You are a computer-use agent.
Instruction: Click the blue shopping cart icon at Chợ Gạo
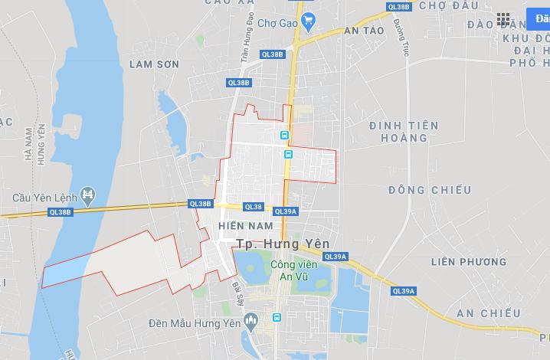pyautogui.click(x=308, y=20)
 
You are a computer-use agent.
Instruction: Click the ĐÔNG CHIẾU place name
pyautogui.click(x=419, y=189)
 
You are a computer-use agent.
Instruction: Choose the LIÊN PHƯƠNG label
pyautogui.click(x=468, y=262)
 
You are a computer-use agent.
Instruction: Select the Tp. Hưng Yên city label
pyautogui.click(x=281, y=244)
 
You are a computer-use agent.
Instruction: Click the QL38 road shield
pyautogui.click(x=253, y=207)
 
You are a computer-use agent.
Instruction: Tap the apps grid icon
pyautogui.click(x=503, y=19)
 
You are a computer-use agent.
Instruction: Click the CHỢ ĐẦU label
pyautogui.click(x=450, y=6)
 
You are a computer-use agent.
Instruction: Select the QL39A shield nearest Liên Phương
pyautogui.click(x=403, y=291)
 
